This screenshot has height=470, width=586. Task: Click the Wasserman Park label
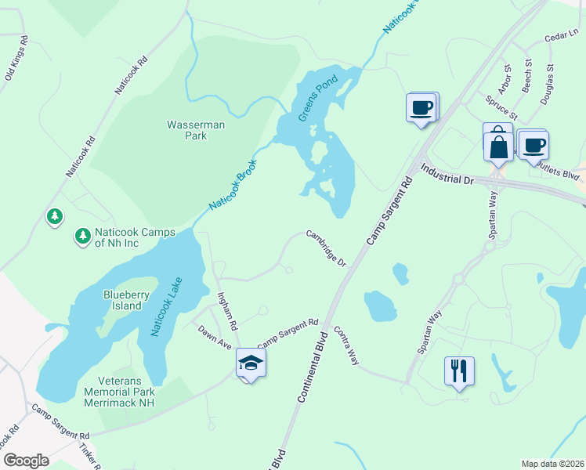click(x=186, y=129)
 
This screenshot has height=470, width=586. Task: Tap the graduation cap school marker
click(x=251, y=363)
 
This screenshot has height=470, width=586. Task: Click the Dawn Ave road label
click(x=215, y=338)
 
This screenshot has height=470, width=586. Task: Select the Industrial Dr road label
click(x=448, y=175)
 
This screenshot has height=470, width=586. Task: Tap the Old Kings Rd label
click(x=16, y=58)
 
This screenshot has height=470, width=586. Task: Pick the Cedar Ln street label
click(x=561, y=34)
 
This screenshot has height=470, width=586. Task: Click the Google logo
click(x=26, y=460)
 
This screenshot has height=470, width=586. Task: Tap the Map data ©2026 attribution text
click(x=552, y=463)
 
